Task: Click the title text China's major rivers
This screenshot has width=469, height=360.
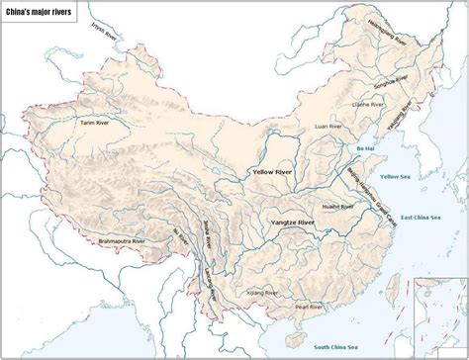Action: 42,10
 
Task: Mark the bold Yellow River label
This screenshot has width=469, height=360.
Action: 271,172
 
